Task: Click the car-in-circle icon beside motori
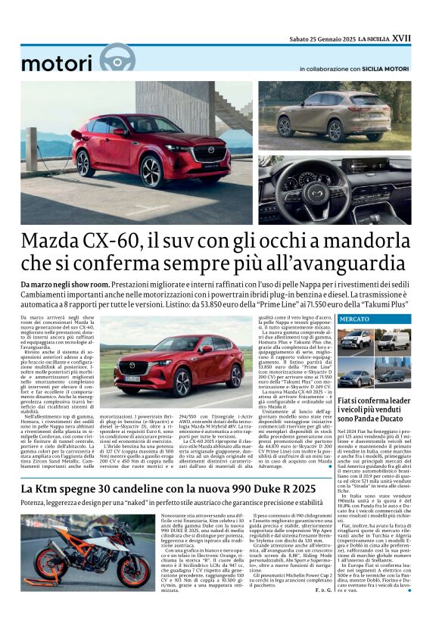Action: pyautogui.click(x=117, y=58)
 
